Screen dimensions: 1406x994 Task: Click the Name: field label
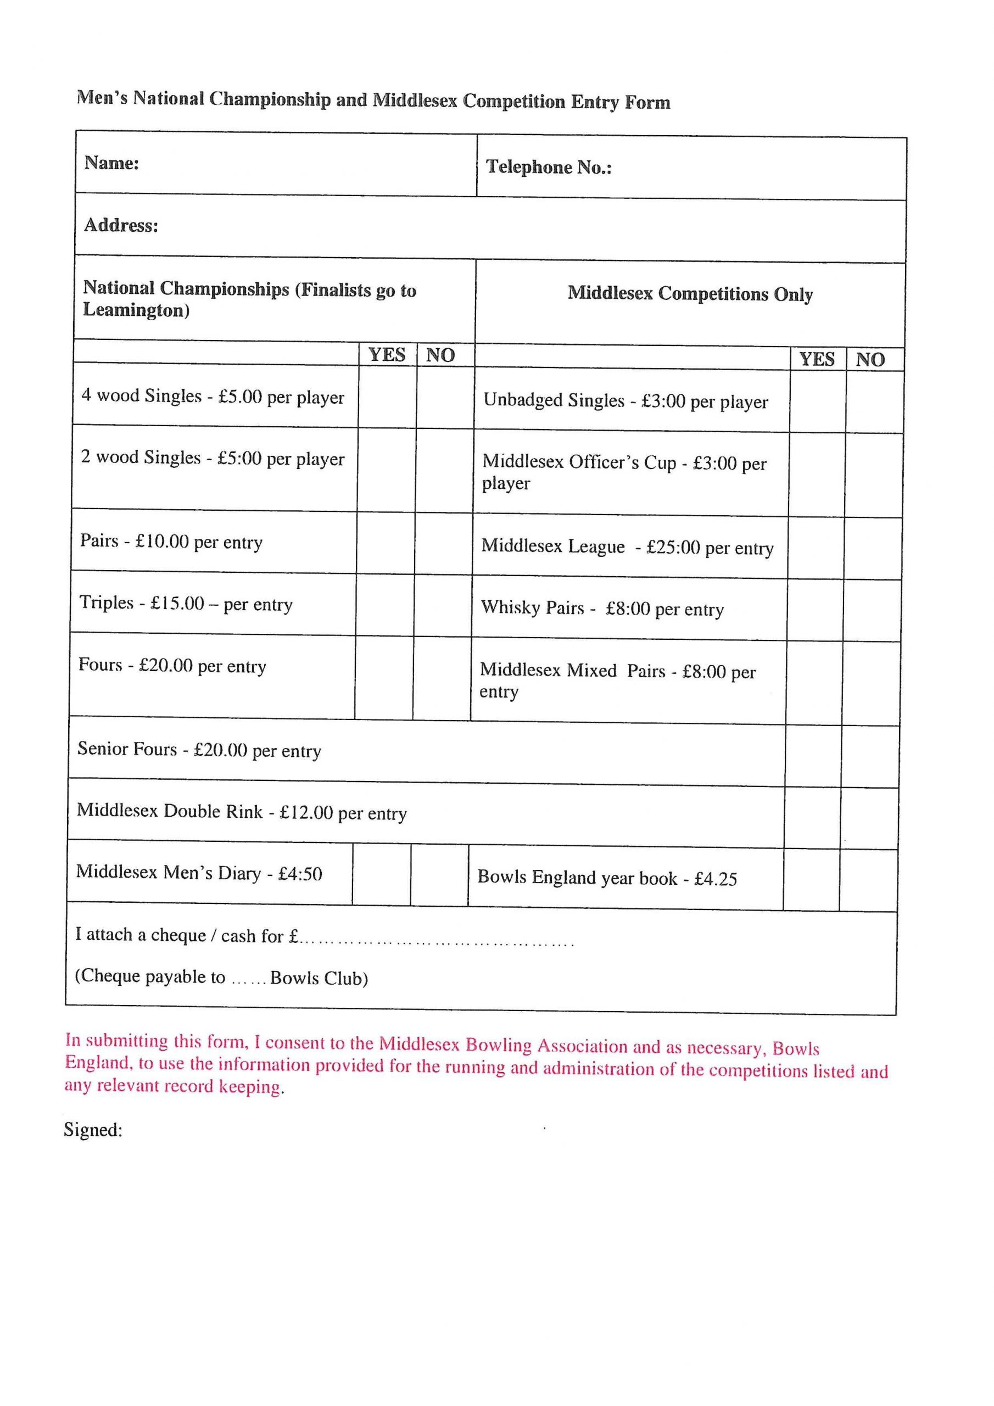pyautogui.click(x=111, y=163)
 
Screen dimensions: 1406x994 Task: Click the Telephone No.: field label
pyautogui.click(x=549, y=167)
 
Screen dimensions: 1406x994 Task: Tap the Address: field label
pyautogui.click(x=121, y=225)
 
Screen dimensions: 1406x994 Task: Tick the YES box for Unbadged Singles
pyautogui.click(x=818, y=401)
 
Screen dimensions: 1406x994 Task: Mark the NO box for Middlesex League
pyautogui.click(x=873, y=548)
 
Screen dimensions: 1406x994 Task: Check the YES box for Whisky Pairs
pyautogui.click(x=814, y=610)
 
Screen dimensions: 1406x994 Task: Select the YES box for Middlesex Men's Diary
pyautogui.click(x=381, y=874)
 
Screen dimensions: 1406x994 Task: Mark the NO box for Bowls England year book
pyautogui.click(x=868, y=880)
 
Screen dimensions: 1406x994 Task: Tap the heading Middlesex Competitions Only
pyautogui.click(x=690, y=294)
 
